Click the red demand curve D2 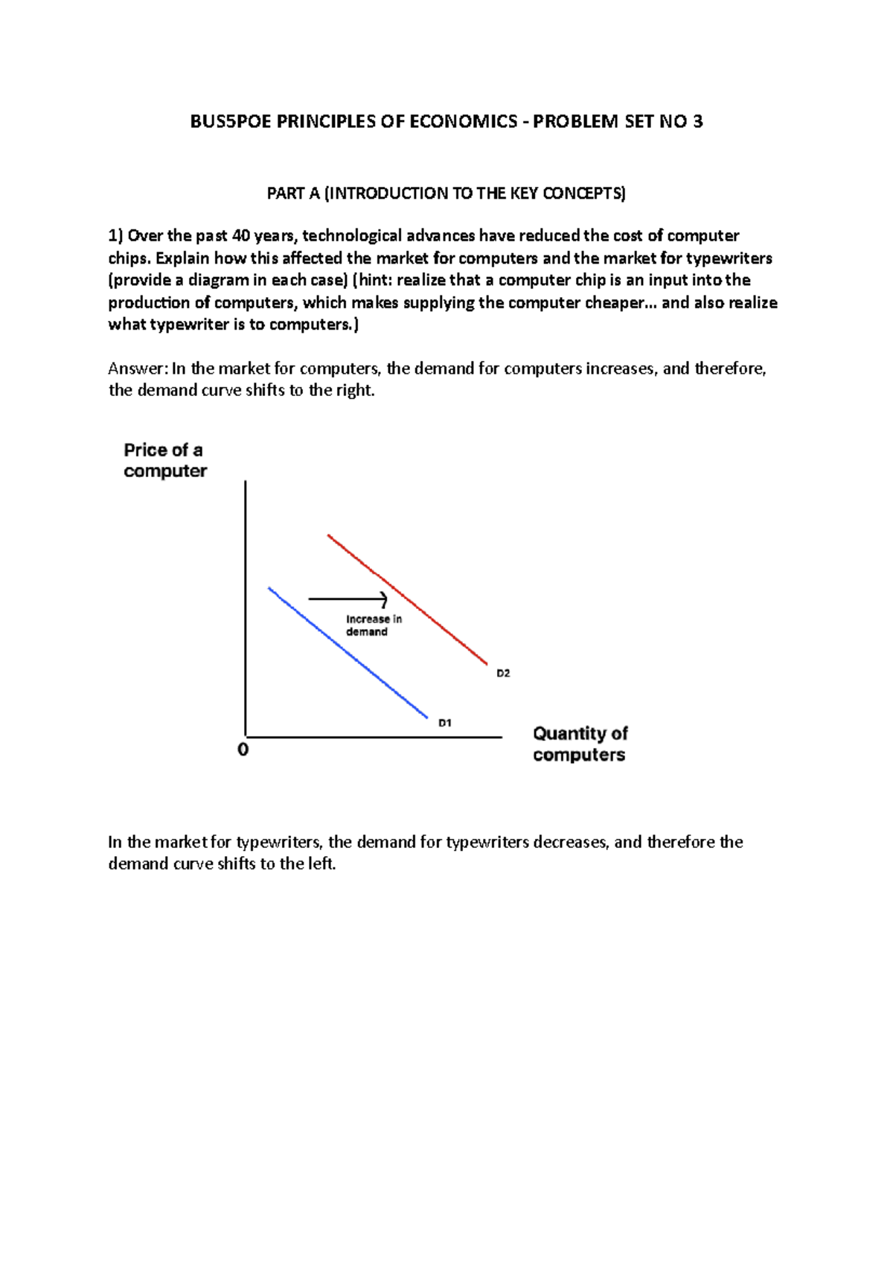tap(407, 599)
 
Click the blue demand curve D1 tap(348, 653)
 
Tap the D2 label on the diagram tap(503, 674)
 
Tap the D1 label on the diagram tap(444, 723)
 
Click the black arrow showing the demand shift tap(348, 599)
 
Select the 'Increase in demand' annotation tap(374, 625)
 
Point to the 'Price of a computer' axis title tap(164, 461)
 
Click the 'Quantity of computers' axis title tap(580, 744)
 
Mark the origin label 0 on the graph tap(243, 750)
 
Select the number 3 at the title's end tap(697, 122)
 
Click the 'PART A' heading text tap(294, 194)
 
